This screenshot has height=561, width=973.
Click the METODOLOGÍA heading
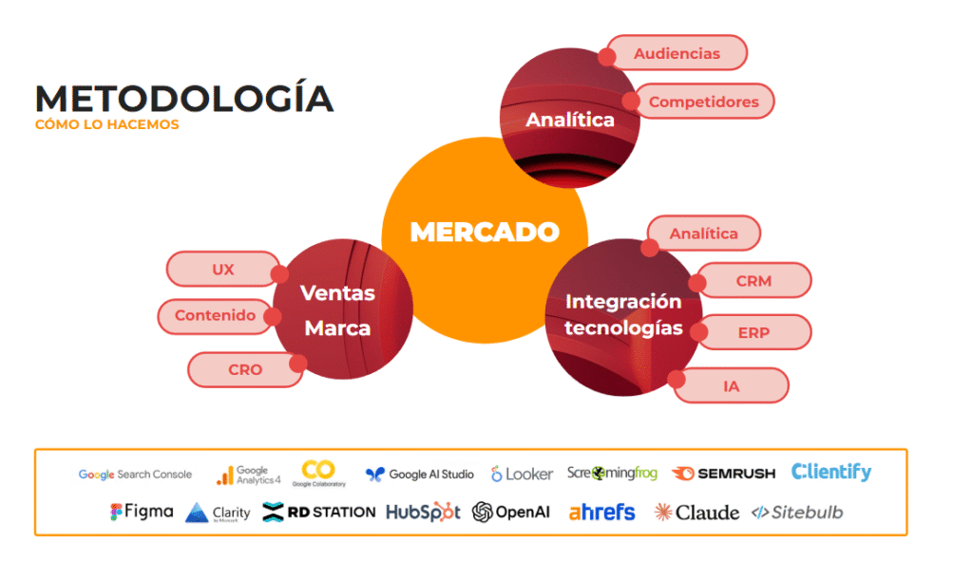183,99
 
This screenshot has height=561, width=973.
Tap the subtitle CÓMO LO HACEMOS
106,124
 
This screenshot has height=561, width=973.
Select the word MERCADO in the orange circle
485,232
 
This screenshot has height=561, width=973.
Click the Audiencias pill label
677,53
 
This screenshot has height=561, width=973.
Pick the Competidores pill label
703,102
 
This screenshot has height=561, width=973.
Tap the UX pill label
223,270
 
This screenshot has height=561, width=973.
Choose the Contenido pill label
215,316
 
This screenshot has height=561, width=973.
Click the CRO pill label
244,369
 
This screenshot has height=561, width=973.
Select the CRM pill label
754,281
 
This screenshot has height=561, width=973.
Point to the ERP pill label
754,333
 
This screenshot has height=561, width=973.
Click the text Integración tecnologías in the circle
623,314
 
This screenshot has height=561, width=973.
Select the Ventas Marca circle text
337,310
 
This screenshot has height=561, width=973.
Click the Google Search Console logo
135,474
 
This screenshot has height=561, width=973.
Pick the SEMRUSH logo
723,473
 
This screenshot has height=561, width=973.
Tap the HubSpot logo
423,512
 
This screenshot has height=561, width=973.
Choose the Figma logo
142,511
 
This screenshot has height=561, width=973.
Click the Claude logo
696,513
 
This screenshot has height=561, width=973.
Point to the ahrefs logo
601,512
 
